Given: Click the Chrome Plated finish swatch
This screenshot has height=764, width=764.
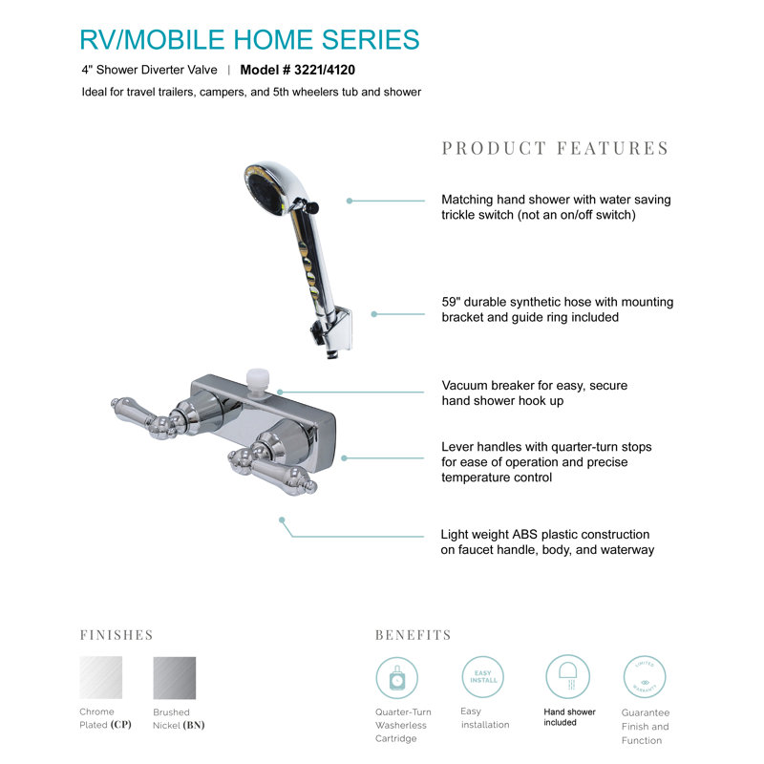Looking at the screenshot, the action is [x=101, y=677].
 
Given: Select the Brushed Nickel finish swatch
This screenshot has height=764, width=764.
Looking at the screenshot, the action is [x=175, y=678].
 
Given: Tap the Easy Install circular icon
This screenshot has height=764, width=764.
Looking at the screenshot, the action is [x=483, y=677].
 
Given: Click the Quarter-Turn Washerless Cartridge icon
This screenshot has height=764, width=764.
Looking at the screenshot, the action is [x=397, y=678].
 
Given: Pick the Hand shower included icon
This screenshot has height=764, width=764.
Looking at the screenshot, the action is [x=567, y=677].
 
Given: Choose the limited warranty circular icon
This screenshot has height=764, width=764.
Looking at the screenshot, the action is [x=645, y=677].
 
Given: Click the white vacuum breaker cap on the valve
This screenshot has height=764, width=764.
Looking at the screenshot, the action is [x=257, y=379].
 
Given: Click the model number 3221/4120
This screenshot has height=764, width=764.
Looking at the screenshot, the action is [x=325, y=70].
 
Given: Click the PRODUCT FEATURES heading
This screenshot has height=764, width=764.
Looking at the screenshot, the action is [x=556, y=148].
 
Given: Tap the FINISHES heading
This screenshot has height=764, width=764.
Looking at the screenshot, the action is [x=117, y=635].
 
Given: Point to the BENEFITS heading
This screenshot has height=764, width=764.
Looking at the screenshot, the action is [x=414, y=635].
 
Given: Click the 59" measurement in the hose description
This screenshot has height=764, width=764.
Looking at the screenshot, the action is [x=451, y=302].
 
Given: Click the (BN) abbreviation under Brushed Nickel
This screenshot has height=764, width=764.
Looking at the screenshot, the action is [x=194, y=725].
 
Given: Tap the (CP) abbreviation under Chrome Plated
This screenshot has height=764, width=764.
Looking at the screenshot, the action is [x=121, y=725].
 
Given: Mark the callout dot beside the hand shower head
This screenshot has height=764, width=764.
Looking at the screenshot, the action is [x=350, y=201].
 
